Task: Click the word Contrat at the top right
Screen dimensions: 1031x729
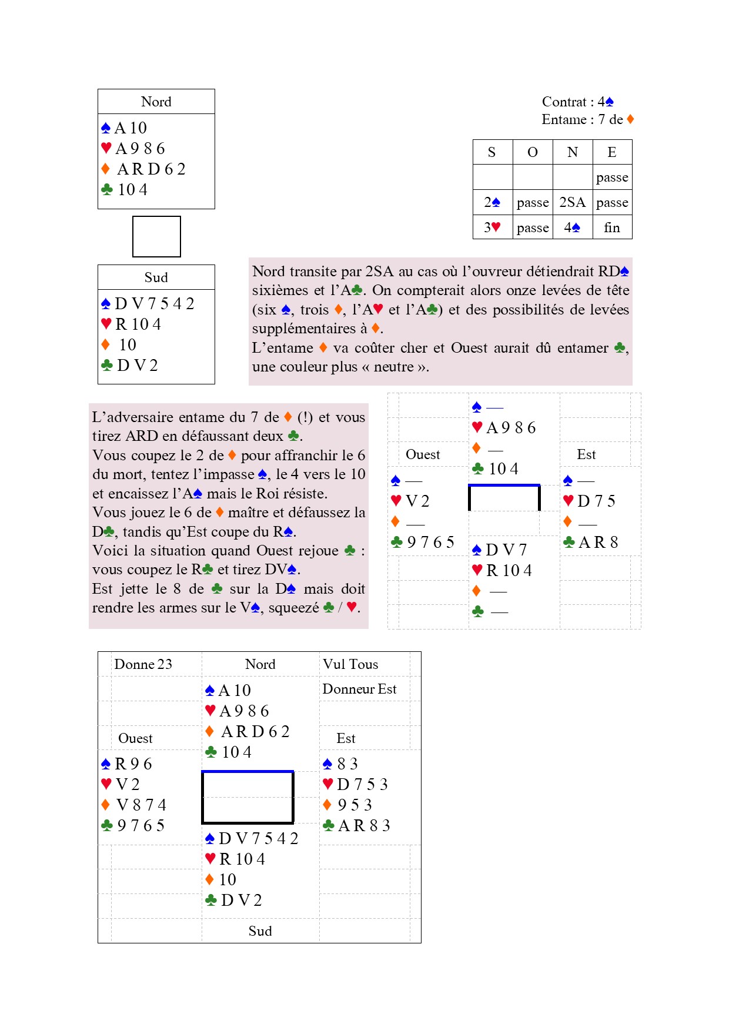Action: coord(563,102)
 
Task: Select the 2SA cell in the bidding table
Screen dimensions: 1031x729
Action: coord(572,202)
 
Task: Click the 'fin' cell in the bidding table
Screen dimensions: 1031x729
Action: coord(611,227)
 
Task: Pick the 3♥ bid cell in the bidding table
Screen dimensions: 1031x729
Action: coord(492,227)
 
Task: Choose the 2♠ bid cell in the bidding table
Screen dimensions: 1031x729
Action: coord(492,202)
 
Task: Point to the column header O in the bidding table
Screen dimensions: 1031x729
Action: coord(532,152)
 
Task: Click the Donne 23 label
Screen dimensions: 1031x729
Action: coord(143,664)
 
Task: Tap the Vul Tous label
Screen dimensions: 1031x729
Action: coord(350,664)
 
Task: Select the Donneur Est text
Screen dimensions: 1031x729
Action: coord(359,689)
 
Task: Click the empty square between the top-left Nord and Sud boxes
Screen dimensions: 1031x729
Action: coord(156,236)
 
